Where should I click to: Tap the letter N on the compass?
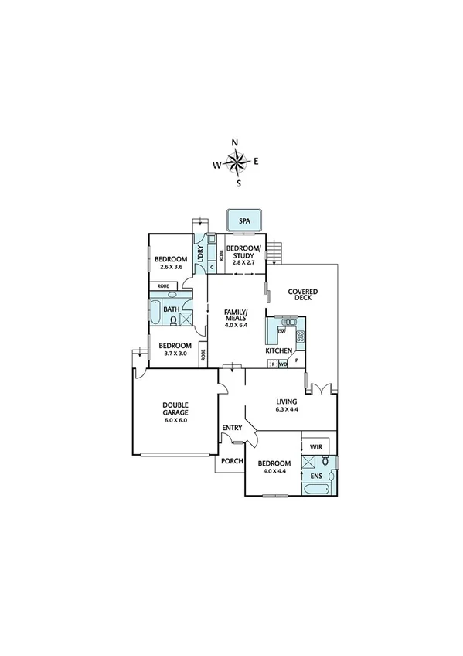click(x=236, y=142)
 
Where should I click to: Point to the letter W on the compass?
click(x=217, y=164)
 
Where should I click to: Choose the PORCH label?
click(x=232, y=462)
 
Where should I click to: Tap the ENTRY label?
click(x=232, y=428)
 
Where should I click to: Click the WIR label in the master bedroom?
click(x=315, y=447)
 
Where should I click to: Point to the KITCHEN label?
click(x=278, y=350)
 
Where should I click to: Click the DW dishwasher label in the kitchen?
click(x=282, y=331)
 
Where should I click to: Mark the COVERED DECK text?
click(x=303, y=296)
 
